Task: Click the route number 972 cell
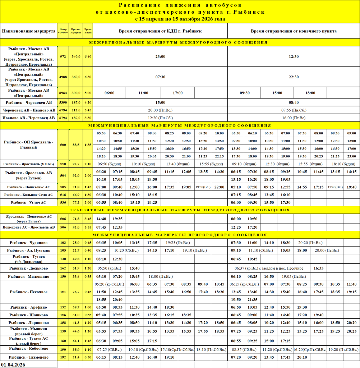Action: pos(63,56)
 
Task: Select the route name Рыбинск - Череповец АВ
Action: pos(29,102)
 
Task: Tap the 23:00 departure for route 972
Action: pos(160,56)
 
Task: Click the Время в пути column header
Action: pos(88,31)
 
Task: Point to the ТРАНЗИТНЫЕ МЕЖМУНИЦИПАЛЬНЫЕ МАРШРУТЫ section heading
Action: pos(180,210)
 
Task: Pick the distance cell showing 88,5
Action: pos(75,145)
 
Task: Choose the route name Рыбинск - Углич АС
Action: pos(29,202)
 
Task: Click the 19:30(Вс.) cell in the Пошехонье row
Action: pos(203,187)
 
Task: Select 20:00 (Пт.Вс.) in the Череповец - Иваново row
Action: pos(160,110)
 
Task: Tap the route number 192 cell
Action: pos(63,358)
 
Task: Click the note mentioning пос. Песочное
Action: pos(269,268)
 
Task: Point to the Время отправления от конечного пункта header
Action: pos(294,31)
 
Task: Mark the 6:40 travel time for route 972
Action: pos(88,56)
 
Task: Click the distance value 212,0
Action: pos(75,110)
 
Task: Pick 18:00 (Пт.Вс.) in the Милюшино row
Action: pos(160,276)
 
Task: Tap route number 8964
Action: pos(63,93)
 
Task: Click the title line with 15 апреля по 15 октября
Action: pos(180,19)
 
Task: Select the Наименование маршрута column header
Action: pos(29,31)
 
